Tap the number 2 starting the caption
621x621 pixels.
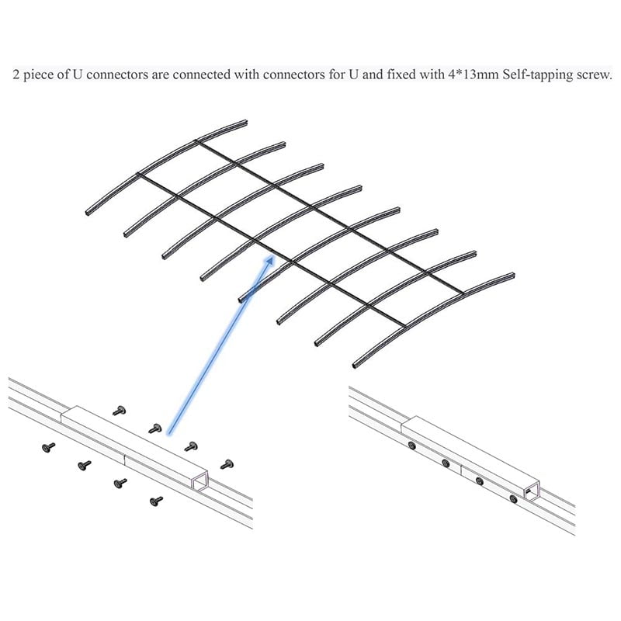coord(16,76)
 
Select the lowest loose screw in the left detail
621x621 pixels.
coord(156,501)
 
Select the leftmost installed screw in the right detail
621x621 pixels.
coord(411,446)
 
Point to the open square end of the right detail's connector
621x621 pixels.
coord(533,491)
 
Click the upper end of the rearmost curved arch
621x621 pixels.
coord(245,122)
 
